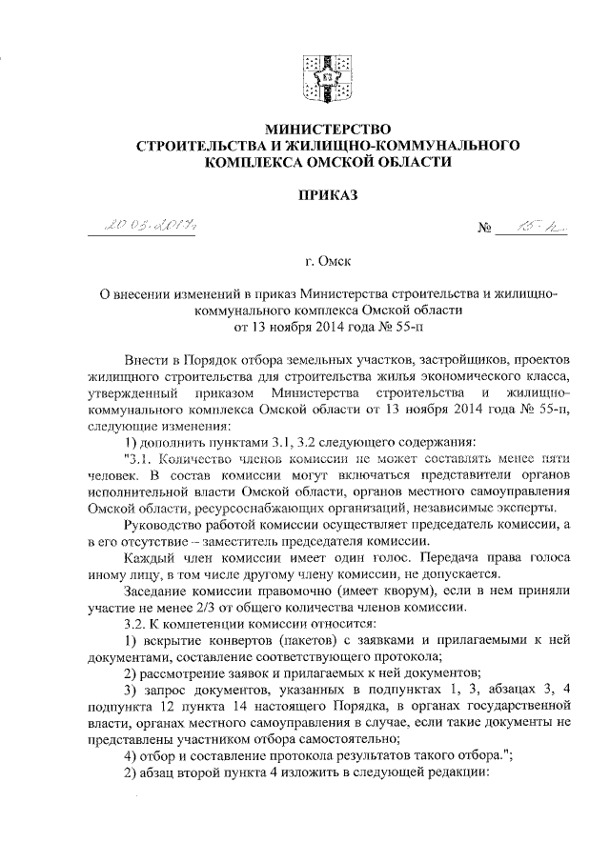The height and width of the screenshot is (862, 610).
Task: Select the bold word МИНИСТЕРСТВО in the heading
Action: [x=315, y=128]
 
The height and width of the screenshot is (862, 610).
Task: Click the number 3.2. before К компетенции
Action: [x=138, y=627]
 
